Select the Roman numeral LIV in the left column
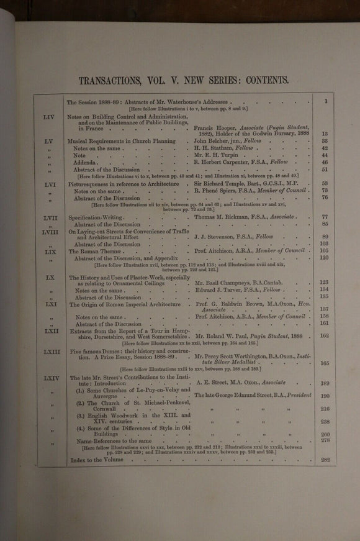click(49, 116)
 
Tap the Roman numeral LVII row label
click(50, 217)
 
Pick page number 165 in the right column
click(324, 363)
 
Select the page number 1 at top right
click(325, 101)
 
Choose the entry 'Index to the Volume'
click(99, 460)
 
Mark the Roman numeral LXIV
click(50, 377)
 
